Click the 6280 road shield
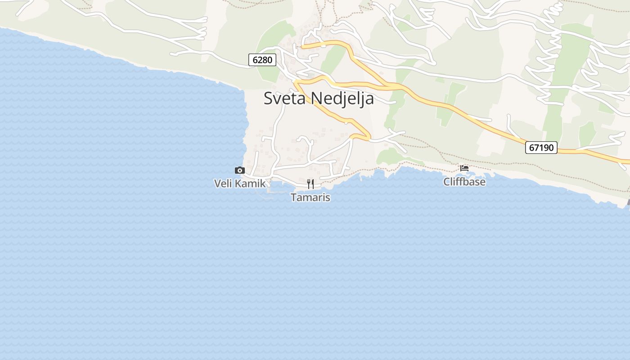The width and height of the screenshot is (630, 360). [262, 59]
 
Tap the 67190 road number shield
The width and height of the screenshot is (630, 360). [541, 147]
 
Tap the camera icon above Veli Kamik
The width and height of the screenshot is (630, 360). [240, 170]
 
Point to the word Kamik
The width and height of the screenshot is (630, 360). [250, 183]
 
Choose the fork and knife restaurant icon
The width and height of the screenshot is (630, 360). [310, 184]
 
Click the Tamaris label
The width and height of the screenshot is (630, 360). [310, 197]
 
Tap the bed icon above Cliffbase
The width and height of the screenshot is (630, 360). [464, 168]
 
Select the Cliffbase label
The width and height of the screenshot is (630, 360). [464, 182]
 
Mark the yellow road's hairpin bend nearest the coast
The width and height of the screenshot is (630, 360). [368, 136]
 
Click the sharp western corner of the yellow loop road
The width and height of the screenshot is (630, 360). [296, 82]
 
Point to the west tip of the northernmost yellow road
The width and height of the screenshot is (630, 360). [302, 46]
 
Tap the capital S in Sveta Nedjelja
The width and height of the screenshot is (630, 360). [268, 98]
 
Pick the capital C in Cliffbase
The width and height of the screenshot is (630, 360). [447, 182]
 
